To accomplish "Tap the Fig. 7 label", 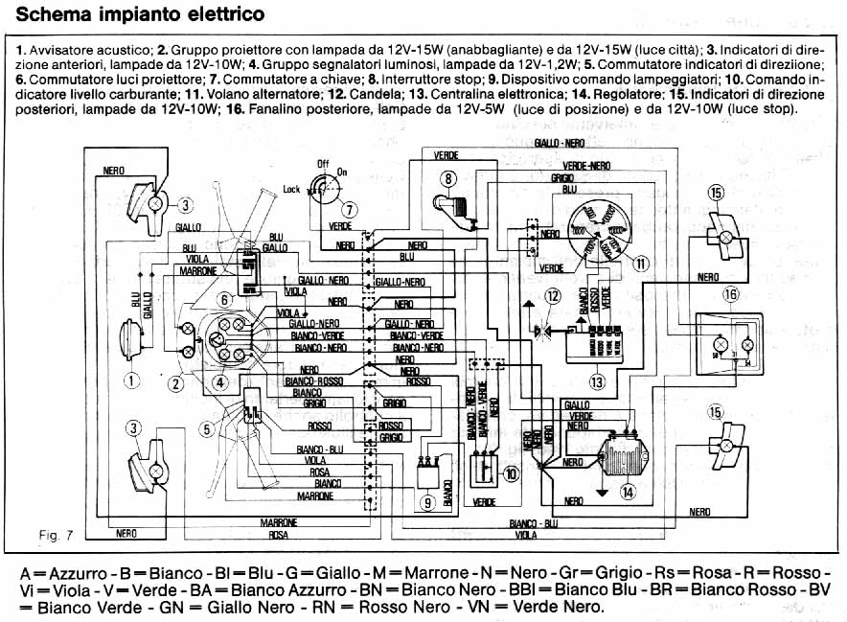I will tap(57, 530).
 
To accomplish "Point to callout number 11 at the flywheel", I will tap(641, 261).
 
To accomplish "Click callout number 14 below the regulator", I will tap(627, 493).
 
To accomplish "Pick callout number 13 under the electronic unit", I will tap(599, 382).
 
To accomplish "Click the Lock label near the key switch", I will tap(292, 190).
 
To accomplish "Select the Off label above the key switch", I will tap(323, 164).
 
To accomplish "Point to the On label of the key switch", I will tap(343, 173).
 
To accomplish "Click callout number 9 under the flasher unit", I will tap(428, 500).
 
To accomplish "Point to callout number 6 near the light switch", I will tap(224, 300).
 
